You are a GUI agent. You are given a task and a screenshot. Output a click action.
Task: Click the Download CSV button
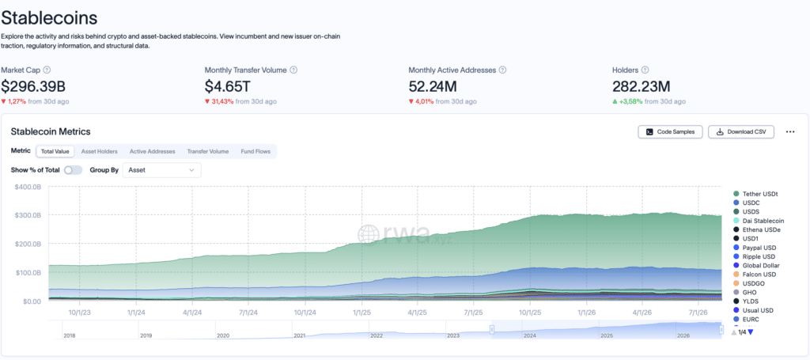pyautogui.click(x=740, y=131)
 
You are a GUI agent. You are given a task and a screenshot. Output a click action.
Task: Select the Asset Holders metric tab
pyautogui.click(x=99, y=151)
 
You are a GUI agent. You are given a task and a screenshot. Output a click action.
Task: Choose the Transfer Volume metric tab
pyautogui.click(x=208, y=151)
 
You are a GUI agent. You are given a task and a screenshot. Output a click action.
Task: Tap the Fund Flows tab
pyautogui.click(x=255, y=151)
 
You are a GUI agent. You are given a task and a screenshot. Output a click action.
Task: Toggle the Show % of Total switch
pyautogui.click(x=74, y=170)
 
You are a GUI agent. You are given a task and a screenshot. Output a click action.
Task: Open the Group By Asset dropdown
pyautogui.click(x=161, y=170)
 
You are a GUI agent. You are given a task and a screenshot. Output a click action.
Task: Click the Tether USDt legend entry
pyautogui.click(x=755, y=194)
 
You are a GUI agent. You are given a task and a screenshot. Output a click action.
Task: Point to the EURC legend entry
pyautogui.click(x=745, y=319)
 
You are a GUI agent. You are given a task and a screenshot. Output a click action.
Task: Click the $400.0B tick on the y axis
pyautogui.click(x=29, y=187)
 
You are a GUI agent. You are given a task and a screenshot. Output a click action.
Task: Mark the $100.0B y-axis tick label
pyautogui.click(x=29, y=272)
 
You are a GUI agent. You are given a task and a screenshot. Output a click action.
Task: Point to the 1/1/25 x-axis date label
pyautogui.click(x=361, y=313)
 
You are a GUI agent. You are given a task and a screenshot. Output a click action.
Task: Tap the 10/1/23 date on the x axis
pyautogui.click(x=80, y=313)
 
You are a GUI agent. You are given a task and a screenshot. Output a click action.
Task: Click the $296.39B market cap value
pyautogui.click(x=33, y=86)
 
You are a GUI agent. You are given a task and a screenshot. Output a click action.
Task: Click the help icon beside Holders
pyautogui.click(x=645, y=70)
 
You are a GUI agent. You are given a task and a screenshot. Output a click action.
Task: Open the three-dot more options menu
pyautogui.click(x=790, y=131)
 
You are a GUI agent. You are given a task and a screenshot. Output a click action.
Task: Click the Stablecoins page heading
pyautogui.click(x=49, y=18)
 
